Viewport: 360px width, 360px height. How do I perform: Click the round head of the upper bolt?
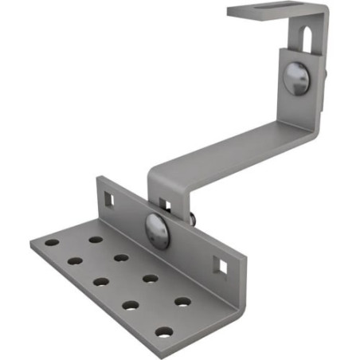click(295, 80)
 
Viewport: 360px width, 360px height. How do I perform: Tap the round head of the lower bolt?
click(157, 230)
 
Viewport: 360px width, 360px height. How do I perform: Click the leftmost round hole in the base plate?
click(51, 241)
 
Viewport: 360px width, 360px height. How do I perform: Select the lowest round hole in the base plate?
click(164, 331)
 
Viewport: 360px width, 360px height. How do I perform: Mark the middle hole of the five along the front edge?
click(102, 281)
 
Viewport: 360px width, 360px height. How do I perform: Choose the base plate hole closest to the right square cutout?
click(183, 302)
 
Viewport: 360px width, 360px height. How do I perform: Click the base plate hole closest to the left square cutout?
click(96, 239)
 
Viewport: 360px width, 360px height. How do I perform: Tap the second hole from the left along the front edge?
click(76, 260)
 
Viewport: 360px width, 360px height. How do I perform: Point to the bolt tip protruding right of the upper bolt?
click(327, 76)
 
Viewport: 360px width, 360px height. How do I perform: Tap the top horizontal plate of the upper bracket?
click(275, 11)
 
